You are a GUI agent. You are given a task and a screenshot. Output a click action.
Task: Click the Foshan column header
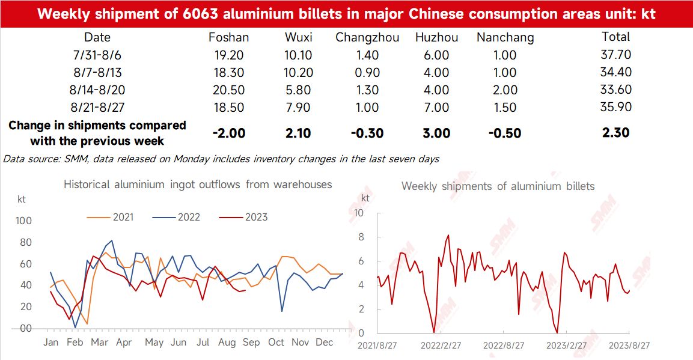[228, 37]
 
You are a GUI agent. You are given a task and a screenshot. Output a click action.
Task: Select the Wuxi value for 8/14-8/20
[298, 90]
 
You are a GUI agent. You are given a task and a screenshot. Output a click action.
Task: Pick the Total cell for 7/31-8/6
[615, 55]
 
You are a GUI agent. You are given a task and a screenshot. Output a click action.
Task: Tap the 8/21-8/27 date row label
[97, 108]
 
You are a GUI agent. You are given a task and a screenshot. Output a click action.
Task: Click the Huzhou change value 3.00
[436, 133]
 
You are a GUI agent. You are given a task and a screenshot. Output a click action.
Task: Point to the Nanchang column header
[505, 38]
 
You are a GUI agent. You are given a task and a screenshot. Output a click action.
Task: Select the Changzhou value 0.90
[367, 73]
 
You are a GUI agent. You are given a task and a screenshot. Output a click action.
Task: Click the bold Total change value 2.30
[615, 132]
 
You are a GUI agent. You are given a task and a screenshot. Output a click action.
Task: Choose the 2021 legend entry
[110, 218]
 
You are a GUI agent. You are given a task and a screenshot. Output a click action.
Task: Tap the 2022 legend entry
[176, 218]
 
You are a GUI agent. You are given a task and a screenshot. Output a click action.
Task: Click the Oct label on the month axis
[276, 343]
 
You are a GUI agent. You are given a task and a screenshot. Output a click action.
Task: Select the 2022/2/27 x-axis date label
[441, 346]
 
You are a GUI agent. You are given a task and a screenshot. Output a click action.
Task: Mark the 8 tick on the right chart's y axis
[361, 237]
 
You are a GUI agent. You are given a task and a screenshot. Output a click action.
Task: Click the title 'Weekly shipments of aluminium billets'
[498, 186]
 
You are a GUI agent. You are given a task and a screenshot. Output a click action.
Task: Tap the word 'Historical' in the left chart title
[87, 184]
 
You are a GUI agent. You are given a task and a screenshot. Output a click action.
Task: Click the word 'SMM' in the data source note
[76, 159]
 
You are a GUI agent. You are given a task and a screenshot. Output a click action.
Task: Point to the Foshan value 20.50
[228, 90]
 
